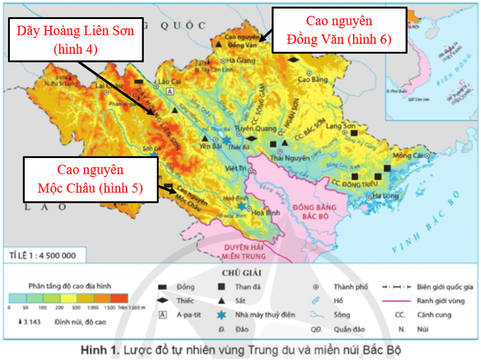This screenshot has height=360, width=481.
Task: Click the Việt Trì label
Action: (234, 169)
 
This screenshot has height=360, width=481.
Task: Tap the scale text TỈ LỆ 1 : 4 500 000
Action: (43, 254)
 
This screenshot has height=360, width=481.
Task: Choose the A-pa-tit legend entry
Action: (188, 314)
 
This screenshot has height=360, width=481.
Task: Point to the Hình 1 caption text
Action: (240, 348)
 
